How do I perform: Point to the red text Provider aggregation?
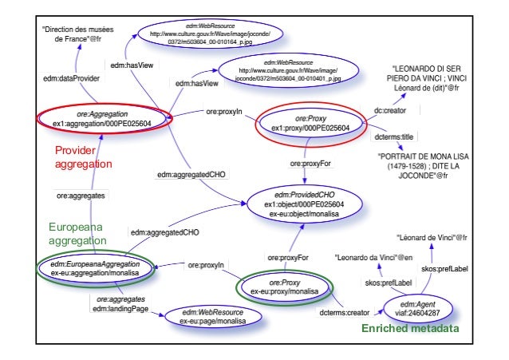83,156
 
